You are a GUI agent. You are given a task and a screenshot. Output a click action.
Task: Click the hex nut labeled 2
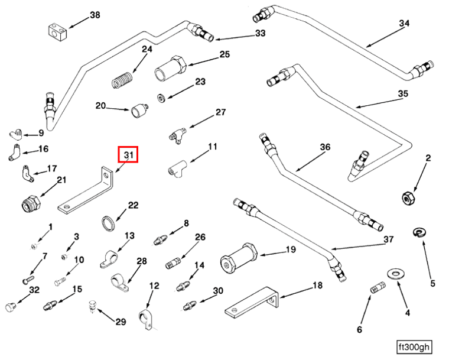pos(408,197)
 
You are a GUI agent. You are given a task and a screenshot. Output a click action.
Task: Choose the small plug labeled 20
pos(139,110)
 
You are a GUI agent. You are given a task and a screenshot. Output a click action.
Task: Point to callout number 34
pos(404,24)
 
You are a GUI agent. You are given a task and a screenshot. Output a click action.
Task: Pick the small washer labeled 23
pos(161,96)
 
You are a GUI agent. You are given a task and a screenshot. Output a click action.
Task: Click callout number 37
pos(388,239)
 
